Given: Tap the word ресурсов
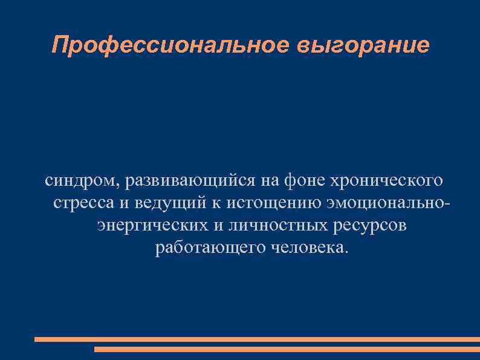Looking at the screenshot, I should point(369,226).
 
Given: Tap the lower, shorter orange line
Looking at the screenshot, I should point(287,349).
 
